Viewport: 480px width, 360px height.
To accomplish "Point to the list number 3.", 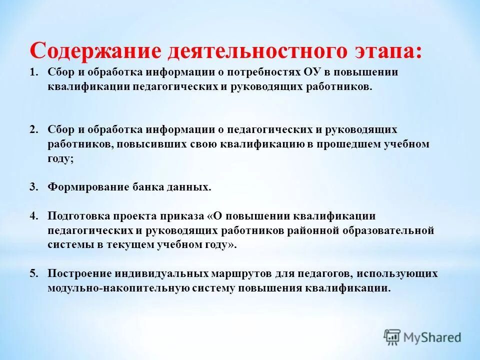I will pyautogui.click(x=33, y=187).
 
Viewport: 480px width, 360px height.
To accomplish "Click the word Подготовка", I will pyautogui.click(x=76, y=216).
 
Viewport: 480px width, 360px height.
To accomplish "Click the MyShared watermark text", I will pyautogui.click(x=432, y=337).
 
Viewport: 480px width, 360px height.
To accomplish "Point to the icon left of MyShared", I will pyautogui.click(x=392, y=337).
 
